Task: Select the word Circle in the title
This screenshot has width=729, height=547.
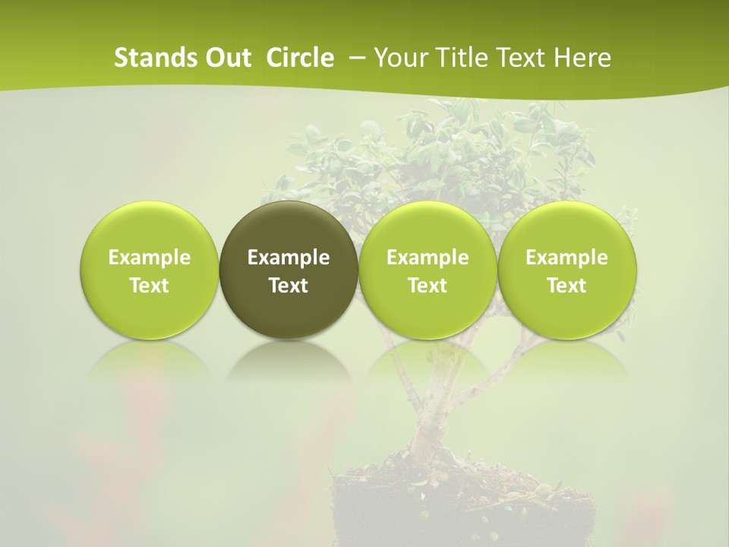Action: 300,58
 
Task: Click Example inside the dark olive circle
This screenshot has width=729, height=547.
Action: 289,258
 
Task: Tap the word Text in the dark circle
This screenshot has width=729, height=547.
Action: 289,286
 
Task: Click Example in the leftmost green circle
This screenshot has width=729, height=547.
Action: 150,258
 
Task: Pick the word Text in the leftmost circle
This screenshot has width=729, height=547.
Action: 150,286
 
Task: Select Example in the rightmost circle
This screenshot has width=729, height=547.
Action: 566,258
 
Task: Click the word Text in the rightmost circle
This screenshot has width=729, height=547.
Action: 566,286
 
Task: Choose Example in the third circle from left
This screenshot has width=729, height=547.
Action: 428,258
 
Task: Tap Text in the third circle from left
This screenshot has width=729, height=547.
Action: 428,286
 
